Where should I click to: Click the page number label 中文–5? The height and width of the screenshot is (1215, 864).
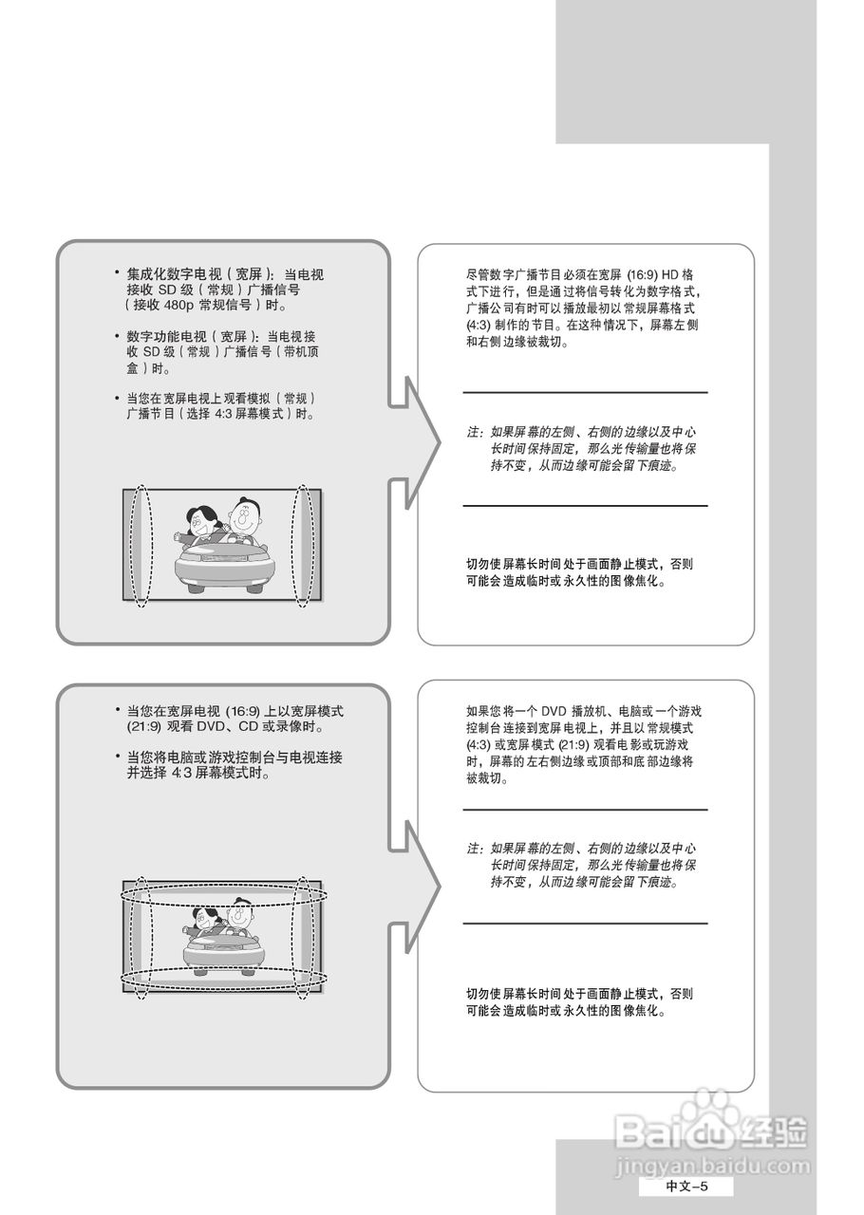[x=686, y=1187]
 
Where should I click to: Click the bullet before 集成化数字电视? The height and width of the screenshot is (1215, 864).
[x=117, y=273]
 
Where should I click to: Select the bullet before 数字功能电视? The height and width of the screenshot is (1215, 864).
[x=117, y=336]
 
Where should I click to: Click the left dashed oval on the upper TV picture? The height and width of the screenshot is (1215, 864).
[x=141, y=546]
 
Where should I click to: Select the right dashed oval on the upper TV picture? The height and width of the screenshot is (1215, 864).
[x=303, y=546]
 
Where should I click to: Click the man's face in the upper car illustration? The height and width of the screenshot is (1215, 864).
[x=246, y=518]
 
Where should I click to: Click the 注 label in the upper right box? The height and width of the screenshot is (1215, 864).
[x=472, y=432]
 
